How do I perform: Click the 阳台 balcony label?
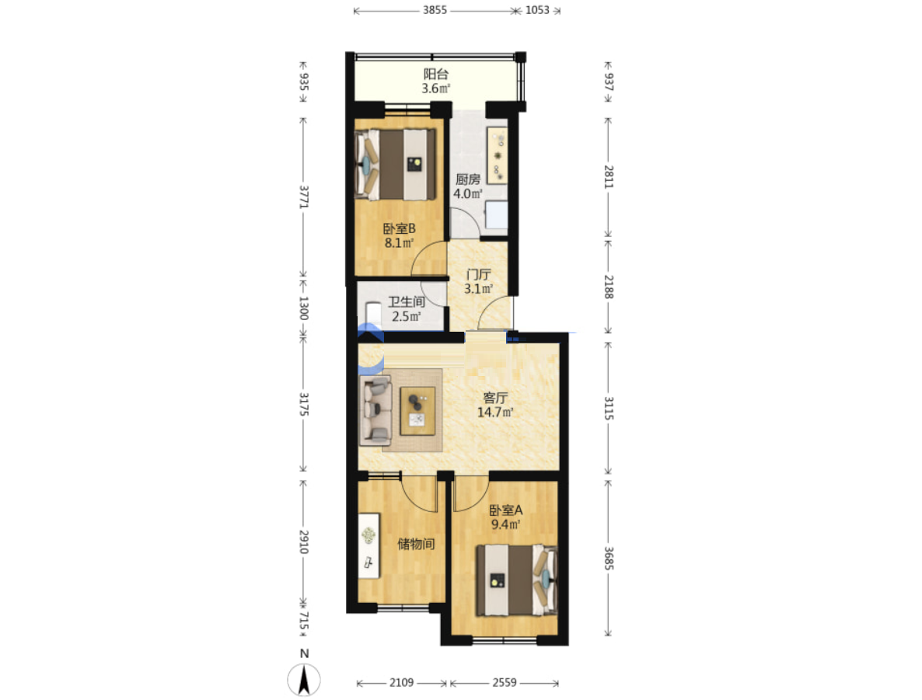435,74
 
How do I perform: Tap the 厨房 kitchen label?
467,179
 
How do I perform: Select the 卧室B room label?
400,228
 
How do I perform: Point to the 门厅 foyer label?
478,274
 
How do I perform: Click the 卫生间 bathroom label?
407,302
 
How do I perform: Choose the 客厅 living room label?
495,398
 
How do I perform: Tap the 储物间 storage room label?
417,544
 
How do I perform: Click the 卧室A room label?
505,510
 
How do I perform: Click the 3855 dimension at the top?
435,10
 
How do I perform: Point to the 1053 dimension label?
537,10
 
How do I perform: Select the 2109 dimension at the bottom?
402,682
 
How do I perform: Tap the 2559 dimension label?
505,682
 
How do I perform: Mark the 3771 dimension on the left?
303,197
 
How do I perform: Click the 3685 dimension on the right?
609,559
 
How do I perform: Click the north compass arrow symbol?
304,680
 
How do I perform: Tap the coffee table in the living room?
417,411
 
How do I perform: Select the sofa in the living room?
375,410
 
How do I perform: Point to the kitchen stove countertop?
497,155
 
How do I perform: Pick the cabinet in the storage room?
368,545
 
